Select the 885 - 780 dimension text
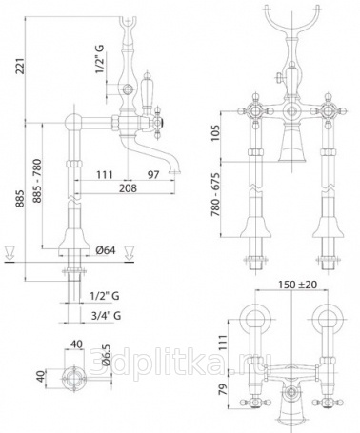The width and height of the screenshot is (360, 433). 37,181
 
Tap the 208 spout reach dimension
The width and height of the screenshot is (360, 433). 128,188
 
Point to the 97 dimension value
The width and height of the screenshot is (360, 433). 153,174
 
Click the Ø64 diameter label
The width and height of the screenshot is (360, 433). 105,250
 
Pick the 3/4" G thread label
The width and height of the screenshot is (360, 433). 106,316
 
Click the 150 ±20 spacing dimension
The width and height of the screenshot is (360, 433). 298,285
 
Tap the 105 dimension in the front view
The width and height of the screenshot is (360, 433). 215,133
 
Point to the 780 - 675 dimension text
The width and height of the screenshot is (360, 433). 215,194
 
